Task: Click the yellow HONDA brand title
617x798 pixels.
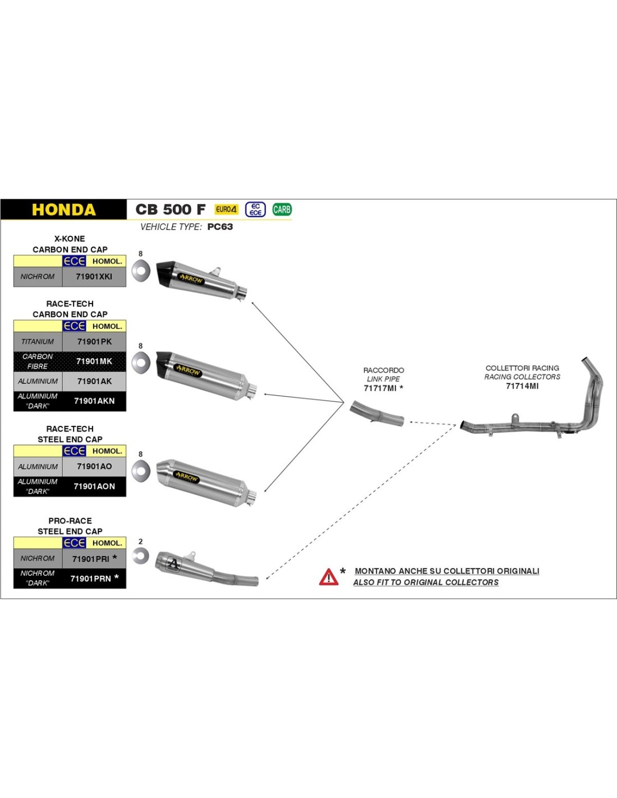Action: click(x=63, y=210)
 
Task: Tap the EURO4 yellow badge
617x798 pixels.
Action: click(x=226, y=209)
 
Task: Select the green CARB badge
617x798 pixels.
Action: click(x=282, y=209)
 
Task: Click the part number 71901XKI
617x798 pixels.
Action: click(x=94, y=277)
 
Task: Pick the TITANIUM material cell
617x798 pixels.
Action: click(x=38, y=342)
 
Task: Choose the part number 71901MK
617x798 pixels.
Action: click(x=94, y=361)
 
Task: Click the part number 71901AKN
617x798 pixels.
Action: click(x=94, y=401)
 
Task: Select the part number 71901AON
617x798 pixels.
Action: click(x=94, y=487)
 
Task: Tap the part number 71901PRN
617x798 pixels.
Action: click(x=90, y=579)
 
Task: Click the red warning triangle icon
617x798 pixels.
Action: click(x=329, y=577)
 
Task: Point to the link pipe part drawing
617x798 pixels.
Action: click(x=376, y=414)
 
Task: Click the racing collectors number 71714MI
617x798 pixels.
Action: click(x=522, y=386)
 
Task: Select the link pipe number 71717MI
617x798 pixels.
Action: click(x=380, y=388)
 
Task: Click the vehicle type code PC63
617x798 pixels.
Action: click(x=220, y=227)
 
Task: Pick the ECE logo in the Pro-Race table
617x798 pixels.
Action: click(x=74, y=543)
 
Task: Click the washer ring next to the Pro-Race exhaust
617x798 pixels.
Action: click(x=140, y=556)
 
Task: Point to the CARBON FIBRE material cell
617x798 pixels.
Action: click(x=38, y=361)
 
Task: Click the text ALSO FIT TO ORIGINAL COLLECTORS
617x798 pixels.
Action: click(x=426, y=583)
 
